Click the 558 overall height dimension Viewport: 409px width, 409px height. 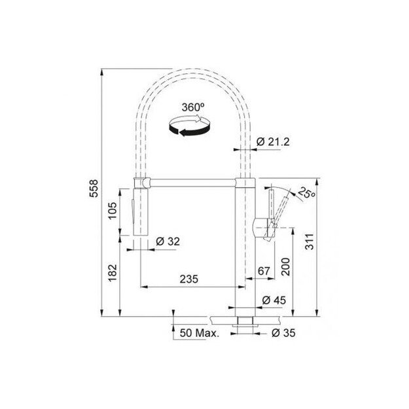94,190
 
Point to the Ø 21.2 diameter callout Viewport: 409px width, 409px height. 270,142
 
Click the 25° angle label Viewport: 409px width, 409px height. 305,193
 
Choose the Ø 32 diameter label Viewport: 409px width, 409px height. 168,241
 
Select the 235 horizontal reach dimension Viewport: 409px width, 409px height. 189,278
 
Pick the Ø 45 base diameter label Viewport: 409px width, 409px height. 274,300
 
